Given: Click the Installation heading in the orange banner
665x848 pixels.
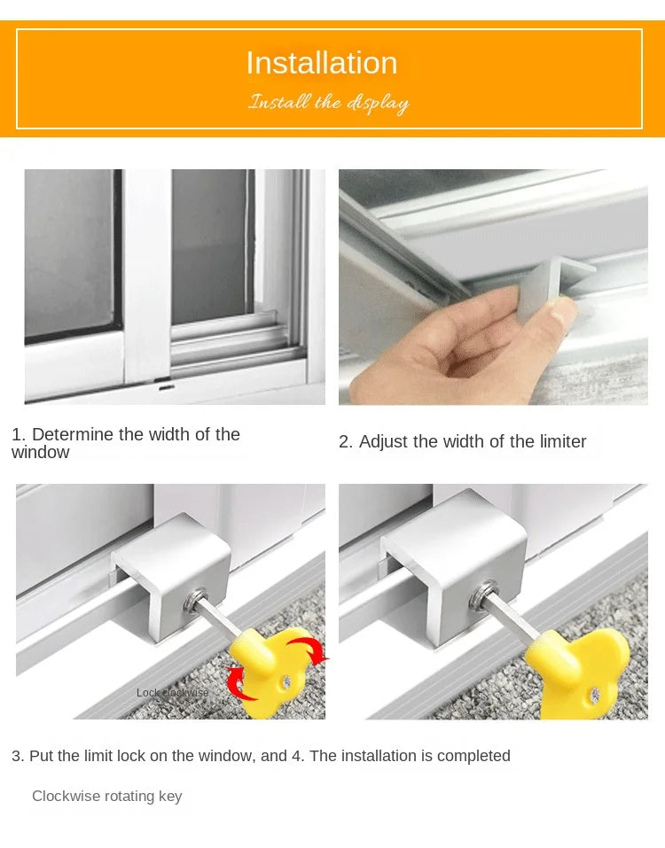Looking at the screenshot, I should pos(322,63).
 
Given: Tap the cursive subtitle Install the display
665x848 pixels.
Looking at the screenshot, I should pos(328,103).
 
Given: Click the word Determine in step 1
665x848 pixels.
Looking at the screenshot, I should pos(73,434).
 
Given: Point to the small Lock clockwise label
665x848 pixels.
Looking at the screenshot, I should pos(173,693).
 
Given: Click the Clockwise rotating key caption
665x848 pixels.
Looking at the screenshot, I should pos(107,796).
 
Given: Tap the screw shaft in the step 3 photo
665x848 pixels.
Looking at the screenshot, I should pos(216,626).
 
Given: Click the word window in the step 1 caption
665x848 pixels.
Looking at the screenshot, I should pos(40,453).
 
